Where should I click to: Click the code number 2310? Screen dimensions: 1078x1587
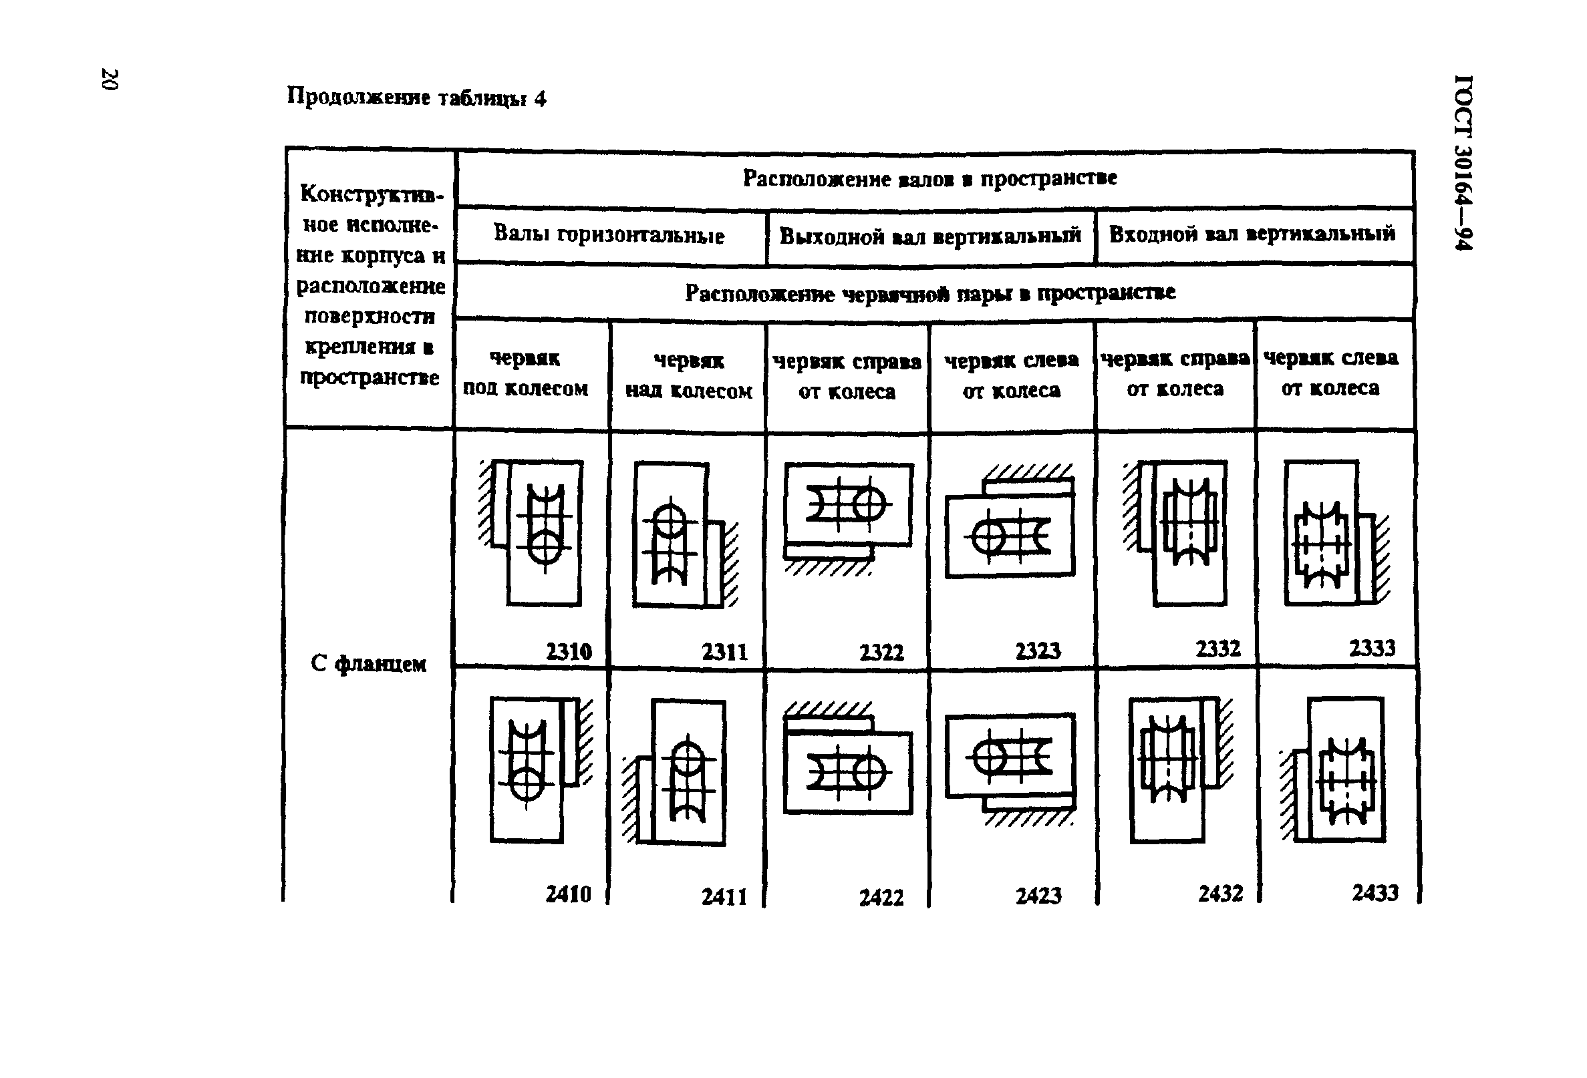tap(568, 651)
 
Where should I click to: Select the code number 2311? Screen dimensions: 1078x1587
tap(724, 652)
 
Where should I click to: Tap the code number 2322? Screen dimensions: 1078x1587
tap(881, 653)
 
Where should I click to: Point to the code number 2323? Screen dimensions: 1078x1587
tap(1038, 651)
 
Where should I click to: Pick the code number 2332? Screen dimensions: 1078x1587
tap(1217, 649)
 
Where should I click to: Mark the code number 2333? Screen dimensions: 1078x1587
tap(1372, 648)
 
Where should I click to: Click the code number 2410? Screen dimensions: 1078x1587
tap(568, 894)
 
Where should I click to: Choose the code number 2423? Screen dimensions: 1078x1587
tap(1038, 896)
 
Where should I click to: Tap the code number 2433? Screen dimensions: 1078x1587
tap(1375, 893)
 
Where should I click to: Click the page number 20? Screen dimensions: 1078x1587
tap(110, 79)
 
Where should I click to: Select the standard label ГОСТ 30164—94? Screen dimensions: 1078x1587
tap(1463, 162)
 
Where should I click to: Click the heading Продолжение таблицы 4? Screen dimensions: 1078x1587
tap(416, 98)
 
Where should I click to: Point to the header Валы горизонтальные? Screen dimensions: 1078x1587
tap(609, 235)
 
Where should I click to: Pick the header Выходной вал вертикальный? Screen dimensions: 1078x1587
tap(930, 236)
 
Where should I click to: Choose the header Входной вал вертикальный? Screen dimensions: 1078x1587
tap(1252, 234)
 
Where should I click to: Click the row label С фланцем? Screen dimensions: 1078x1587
tap(368, 664)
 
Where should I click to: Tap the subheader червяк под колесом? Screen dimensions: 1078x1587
tap(525, 373)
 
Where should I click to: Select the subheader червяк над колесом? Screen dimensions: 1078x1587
tap(688, 375)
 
